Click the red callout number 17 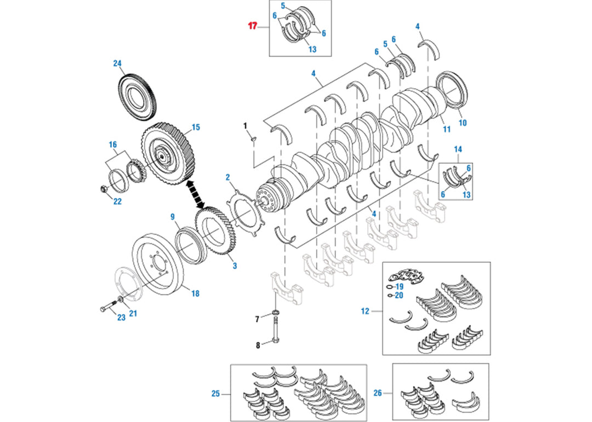pos(252,26)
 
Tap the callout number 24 pos(117,63)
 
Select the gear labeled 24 pos(138,95)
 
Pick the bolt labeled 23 pos(108,309)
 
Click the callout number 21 pos(133,314)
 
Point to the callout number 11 pos(447,130)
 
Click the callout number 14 pos(458,149)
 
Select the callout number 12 pos(365,311)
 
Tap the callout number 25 pos(215,393)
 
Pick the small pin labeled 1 pos(252,139)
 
